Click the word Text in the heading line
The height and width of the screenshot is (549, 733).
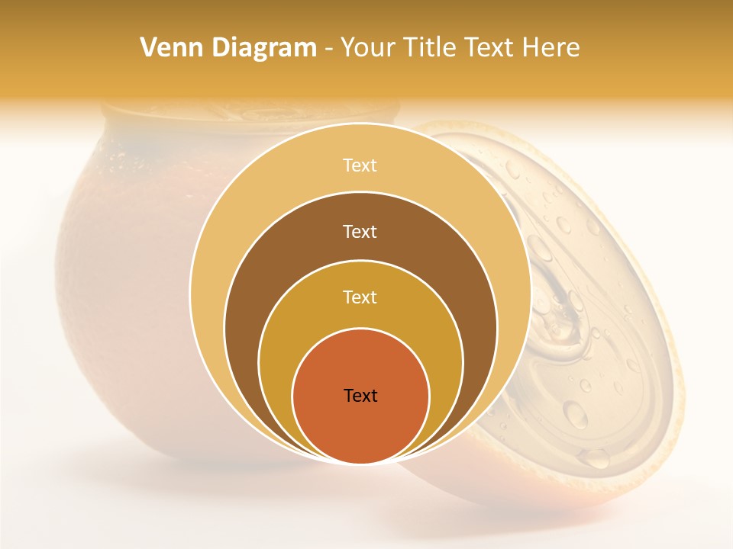point(493,48)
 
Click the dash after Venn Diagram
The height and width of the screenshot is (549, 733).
point(328,49)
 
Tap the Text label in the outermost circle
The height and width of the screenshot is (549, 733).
point(360,165)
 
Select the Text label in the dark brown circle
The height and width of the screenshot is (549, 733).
point(360,231)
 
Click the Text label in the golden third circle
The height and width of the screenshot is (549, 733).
point(360,297)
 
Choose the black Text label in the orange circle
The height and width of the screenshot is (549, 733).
point(360,396)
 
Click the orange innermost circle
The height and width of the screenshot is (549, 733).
point(360,427)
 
